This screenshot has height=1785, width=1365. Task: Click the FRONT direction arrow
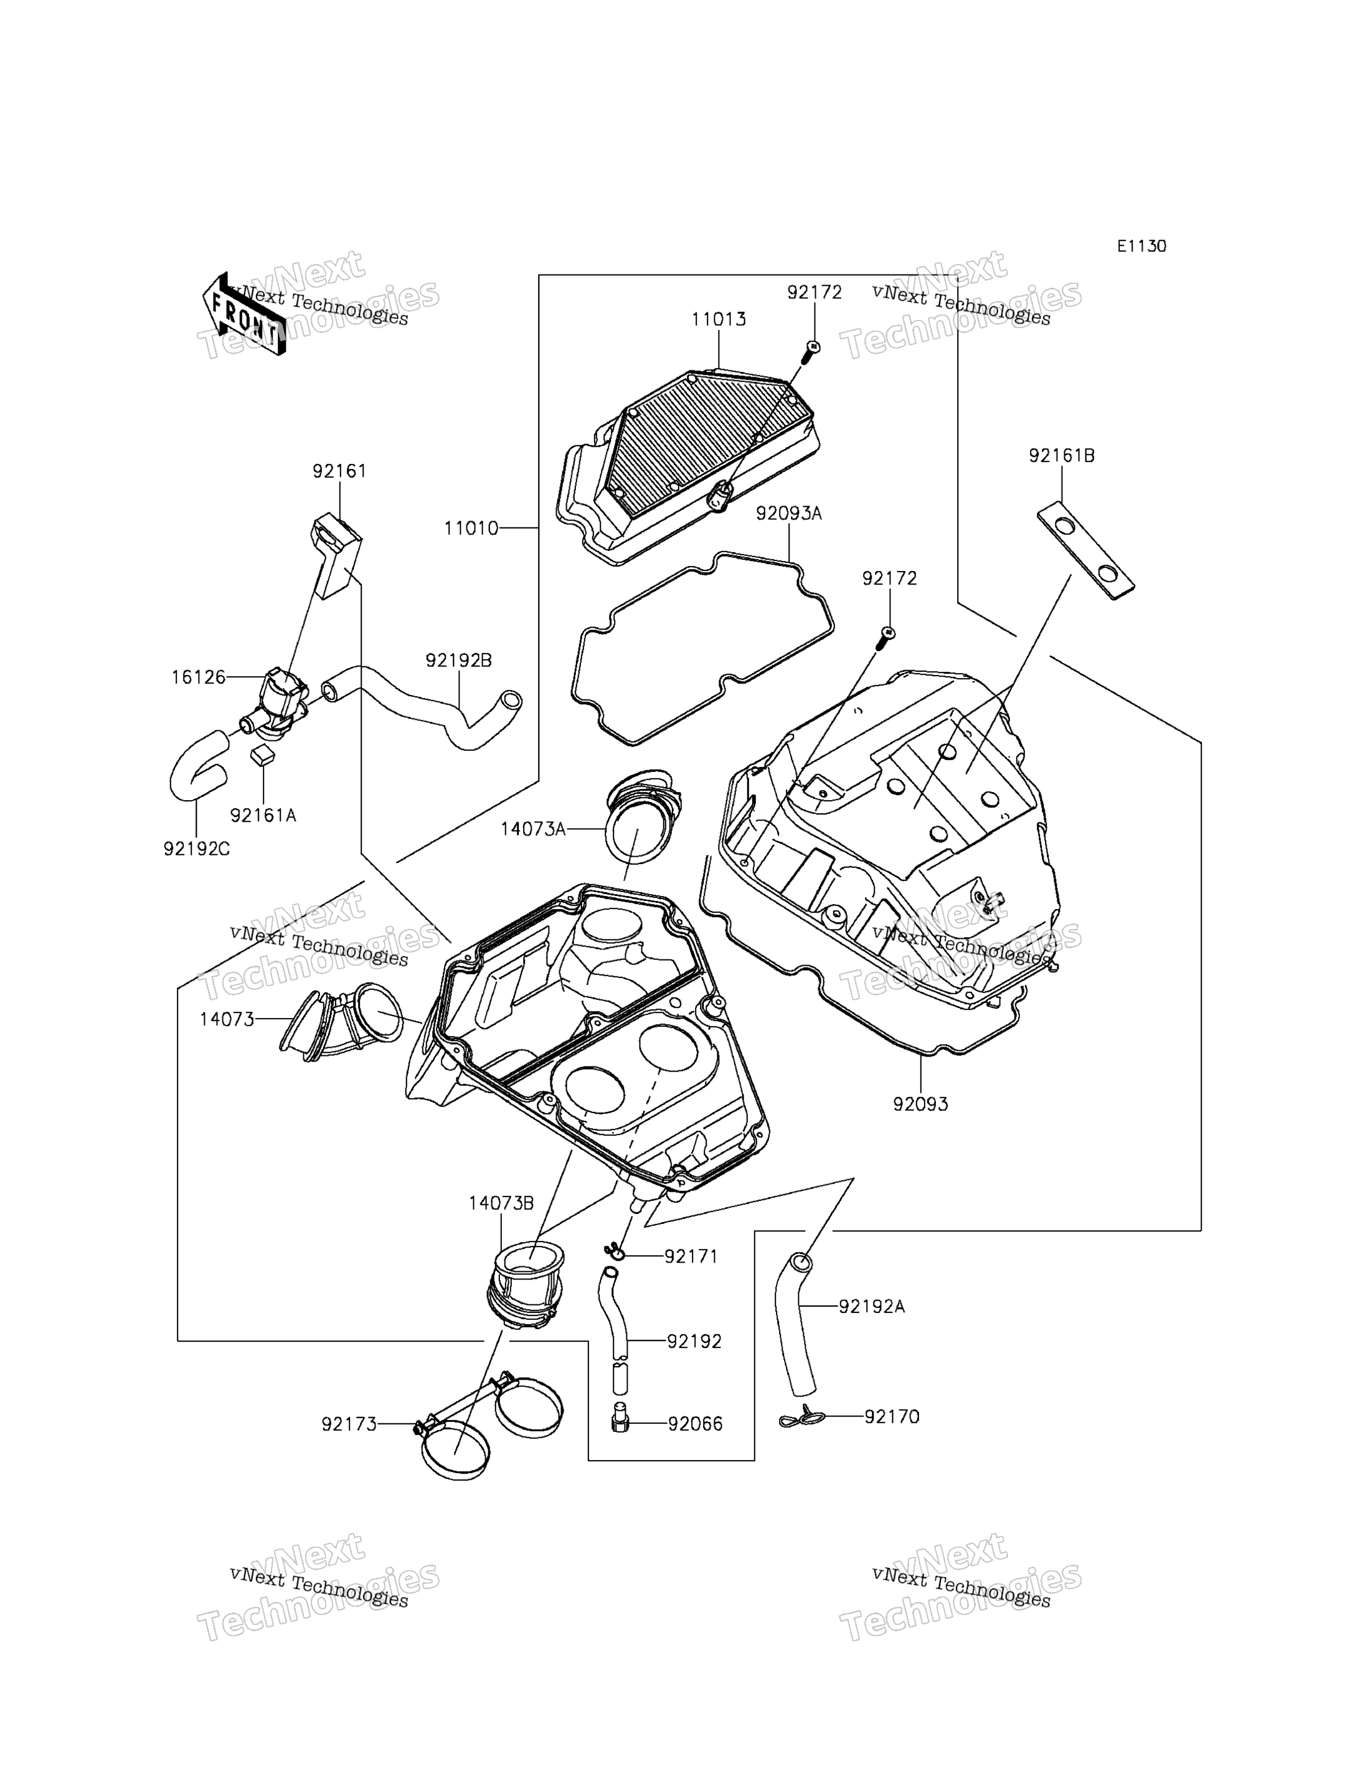point(243,314)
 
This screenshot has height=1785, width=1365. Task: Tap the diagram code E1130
point(1141,246)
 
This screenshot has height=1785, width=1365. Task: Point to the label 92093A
point(789,514)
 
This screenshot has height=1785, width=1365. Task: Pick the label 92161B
point(1061,456)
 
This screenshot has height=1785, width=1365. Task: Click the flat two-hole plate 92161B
point(1085,550)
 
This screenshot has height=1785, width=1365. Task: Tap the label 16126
point(198,677)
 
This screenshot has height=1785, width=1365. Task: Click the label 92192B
point(458,661)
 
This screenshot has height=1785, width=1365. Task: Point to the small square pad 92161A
point(262,756)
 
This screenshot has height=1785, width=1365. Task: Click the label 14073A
point(533,829)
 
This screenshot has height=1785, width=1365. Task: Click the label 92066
point(695,1423)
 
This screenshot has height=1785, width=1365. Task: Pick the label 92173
point(349,1423)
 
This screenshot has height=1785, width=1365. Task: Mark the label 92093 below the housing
point(920,1104)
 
